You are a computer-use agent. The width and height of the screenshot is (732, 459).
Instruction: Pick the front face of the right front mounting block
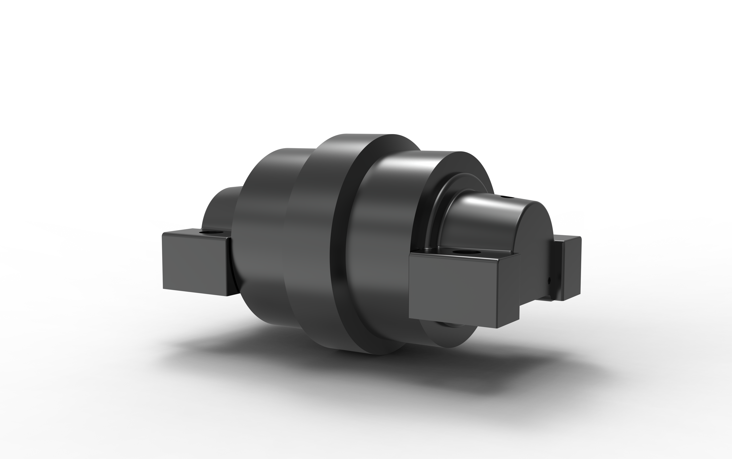pyautogui.click(x=452, y=290)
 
